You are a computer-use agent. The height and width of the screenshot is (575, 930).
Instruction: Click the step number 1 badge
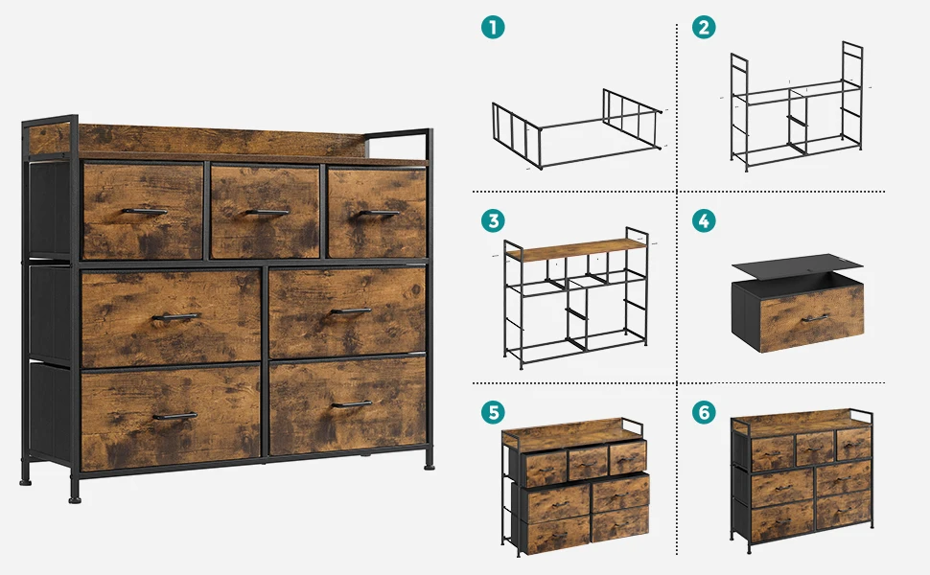pos(493,27)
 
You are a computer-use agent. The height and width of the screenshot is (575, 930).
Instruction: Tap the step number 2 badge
pos(704,27)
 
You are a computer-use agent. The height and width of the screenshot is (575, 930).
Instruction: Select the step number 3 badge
pos(493,220)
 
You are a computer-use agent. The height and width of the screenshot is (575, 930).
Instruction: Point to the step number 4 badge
pos(704,220)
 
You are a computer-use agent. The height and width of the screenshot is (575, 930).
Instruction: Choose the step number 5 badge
pos(493,412)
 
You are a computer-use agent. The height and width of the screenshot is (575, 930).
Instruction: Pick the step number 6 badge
pos(704,412)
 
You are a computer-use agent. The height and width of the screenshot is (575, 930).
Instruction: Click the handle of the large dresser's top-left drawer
pos(145,211)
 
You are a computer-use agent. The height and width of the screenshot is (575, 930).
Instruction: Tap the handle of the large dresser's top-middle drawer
pos(267,212)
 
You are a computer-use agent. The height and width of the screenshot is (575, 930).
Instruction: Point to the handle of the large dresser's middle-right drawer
pos(351,310)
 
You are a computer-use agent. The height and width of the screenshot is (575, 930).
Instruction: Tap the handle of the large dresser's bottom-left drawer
pos(174,416)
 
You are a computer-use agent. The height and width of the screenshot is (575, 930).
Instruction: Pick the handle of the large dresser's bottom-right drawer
pos(352,404)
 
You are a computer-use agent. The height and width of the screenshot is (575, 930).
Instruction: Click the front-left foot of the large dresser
pos(75,494)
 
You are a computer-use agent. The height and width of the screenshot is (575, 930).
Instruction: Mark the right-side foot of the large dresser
pos(429,461)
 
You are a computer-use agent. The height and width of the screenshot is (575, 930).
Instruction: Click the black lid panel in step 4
pos(797,266)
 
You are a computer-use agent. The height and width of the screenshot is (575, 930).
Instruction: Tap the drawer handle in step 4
pos(815,319)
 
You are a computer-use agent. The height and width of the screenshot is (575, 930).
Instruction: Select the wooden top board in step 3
pos(576,249)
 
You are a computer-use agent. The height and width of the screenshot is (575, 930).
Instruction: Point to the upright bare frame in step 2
pos(797,106)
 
